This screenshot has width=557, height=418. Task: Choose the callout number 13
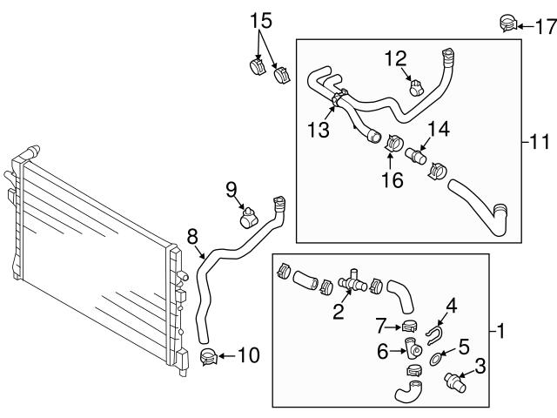click(318, 129)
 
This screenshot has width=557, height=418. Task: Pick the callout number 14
click(437, 129)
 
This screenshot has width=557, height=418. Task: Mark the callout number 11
click(540, 140)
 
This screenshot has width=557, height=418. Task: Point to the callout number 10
click(248, 354)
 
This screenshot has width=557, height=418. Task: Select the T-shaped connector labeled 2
click(353, 280)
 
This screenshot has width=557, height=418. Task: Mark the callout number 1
click(500, 330)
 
